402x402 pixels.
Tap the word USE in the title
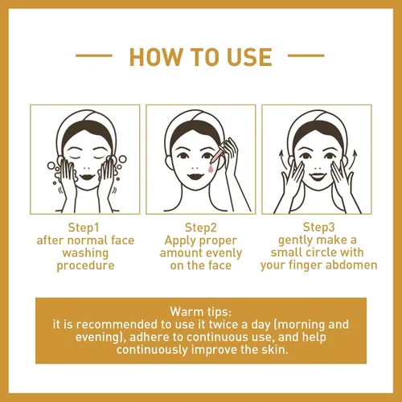click(250, 57)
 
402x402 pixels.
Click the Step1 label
click(84, 228)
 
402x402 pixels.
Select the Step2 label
click(201, 228)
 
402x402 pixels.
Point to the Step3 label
click(319, 228)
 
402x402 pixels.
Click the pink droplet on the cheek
click(211, 169)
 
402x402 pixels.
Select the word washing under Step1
click(85, 253)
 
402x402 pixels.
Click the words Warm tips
click(201, 312)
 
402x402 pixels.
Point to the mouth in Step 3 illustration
click(318, 177)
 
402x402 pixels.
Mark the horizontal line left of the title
click(94, 55)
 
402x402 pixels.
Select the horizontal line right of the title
click(306, 55)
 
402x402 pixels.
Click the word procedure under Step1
click(85, 266)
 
